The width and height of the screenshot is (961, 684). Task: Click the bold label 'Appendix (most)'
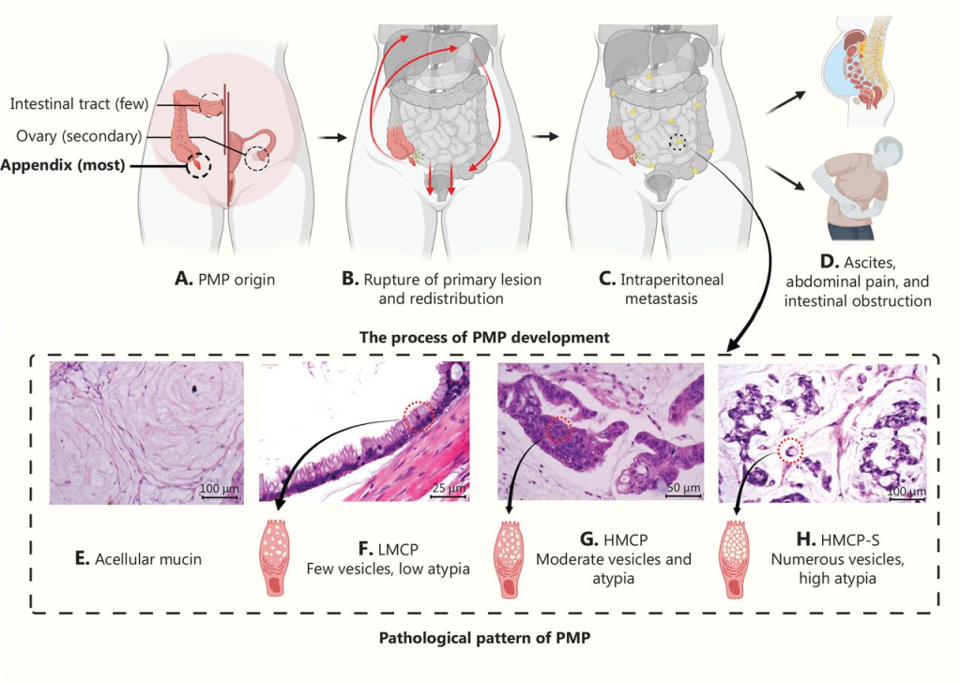(x=63, y=165)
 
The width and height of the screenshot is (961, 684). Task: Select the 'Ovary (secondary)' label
(x=79, y=135)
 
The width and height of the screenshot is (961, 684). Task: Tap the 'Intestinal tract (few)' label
(x=79, y=103)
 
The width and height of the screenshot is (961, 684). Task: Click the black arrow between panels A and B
(x=332, y=137)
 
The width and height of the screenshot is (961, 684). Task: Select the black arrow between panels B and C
(x=545, y=136)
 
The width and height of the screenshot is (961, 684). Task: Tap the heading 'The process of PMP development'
(x=484, y=337)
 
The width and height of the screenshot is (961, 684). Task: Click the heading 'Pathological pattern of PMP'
(x=484, y=637)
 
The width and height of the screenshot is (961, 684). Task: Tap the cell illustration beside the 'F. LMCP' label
(x=274, y=557)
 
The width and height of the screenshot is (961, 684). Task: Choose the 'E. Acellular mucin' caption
(x=138, y=559)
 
